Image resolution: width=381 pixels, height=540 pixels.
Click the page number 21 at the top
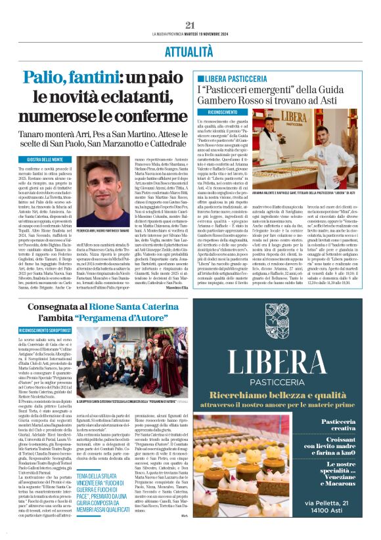(190, 25)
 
